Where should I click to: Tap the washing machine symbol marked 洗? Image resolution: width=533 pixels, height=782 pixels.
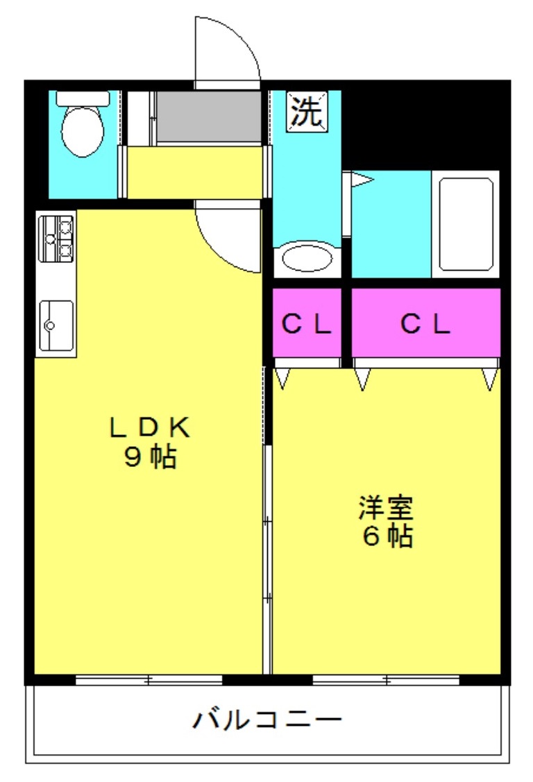[307, 111]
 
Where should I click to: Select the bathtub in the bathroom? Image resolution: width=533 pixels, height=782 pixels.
[466, 224]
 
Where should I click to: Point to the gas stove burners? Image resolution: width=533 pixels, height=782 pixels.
[56, 239]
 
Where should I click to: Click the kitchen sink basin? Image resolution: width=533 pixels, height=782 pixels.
[56, 325]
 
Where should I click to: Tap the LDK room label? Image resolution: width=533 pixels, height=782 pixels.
[150, 427]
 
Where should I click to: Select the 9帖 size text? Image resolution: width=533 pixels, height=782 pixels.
[150, 457]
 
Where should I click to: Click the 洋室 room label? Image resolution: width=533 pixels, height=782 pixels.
[386, 507]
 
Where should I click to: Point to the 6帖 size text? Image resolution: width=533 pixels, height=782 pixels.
[387, 536]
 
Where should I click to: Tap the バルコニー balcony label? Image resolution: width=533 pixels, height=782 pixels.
[267, 720]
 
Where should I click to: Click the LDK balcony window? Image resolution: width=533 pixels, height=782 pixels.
[149, 679]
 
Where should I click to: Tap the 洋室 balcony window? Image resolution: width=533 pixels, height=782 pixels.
[386, 679]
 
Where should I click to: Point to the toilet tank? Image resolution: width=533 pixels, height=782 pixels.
[83, 99]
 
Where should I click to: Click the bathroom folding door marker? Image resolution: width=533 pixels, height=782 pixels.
[362, 179]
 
